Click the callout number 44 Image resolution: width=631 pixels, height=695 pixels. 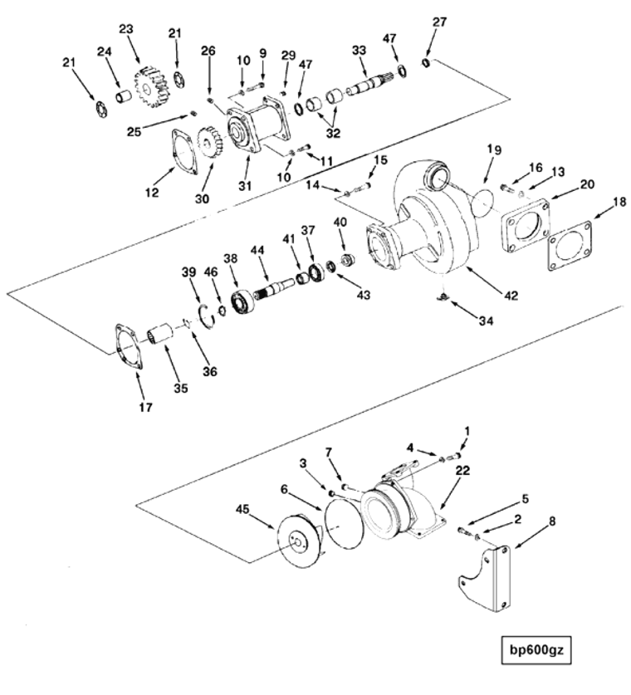coord(257,250)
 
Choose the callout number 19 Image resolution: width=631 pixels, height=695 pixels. coord(494,150)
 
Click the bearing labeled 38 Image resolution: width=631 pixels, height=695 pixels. coord(244,302)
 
